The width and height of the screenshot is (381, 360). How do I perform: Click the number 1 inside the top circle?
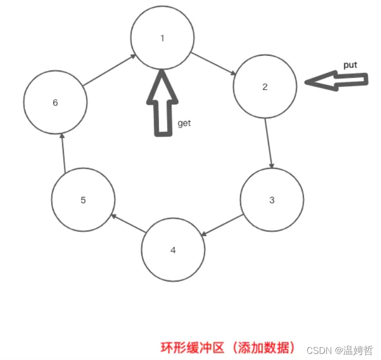point(162,38)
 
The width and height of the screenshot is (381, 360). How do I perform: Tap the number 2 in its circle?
point(265,87)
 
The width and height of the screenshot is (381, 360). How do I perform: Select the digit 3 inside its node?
point(272,200)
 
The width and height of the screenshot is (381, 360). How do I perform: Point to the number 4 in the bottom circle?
point(173,250)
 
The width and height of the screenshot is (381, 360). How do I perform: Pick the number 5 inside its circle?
point(83,200)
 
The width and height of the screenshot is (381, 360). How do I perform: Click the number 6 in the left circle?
point(55,103)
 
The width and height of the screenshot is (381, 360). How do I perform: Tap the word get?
point(184,123)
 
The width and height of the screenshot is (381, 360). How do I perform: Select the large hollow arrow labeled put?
point(336,81)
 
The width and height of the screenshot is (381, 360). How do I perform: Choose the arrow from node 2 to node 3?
point(269,144)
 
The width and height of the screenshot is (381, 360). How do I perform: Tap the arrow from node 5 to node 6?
point(63,151)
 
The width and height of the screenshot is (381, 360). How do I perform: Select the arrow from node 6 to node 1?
point(110,68)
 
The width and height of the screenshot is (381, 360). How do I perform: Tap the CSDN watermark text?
point(319,350)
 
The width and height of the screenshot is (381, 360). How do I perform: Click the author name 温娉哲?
point(358,350)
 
